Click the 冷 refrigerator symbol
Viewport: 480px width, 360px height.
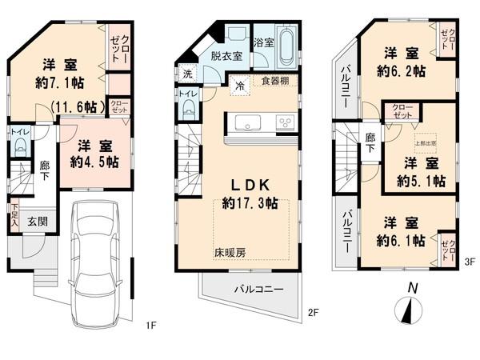[x=240, y=86]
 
